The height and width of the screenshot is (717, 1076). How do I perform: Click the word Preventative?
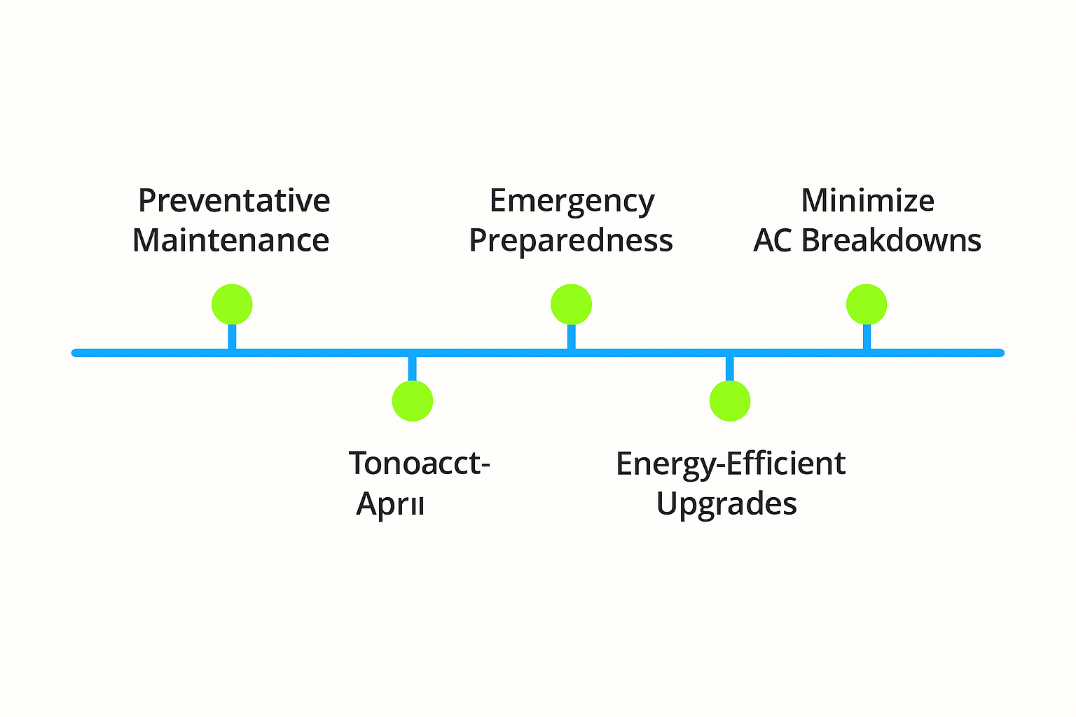click(x=234, y=201)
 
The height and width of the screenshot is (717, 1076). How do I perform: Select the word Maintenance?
click(x=231, y=241)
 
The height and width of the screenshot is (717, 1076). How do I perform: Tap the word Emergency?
click(x=572, y=201)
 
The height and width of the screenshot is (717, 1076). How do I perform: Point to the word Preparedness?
click(x=571, y=241)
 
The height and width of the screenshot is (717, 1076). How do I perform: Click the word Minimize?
click(x=867, y=201)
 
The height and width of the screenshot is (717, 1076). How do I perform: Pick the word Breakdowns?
click(x=891, y=241)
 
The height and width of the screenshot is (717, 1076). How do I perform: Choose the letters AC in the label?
click(x=773, y=241)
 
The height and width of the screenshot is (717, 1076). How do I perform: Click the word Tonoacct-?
click(x=419, y=464)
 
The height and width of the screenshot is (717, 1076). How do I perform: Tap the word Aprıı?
click(x=390, y=504)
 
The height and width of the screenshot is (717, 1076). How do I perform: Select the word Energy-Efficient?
click(x=731, y=464)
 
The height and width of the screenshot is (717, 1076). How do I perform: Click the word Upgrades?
click(x=726, y=504)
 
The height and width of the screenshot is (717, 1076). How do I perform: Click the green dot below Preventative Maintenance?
click(x=232, y=305)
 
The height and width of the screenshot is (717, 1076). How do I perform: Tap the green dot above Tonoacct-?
click(x=413, y=401)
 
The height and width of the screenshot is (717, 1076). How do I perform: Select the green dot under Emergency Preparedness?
click(x=572, y=305)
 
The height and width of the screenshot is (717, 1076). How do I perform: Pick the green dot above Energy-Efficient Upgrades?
click(x=730, y=401)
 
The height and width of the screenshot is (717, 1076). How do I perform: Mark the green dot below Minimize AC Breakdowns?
click(x=867, y=305)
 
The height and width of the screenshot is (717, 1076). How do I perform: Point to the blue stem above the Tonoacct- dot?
click(x=413, y=369)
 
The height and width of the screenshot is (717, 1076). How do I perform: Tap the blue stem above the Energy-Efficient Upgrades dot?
click(x=730, y=369)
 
